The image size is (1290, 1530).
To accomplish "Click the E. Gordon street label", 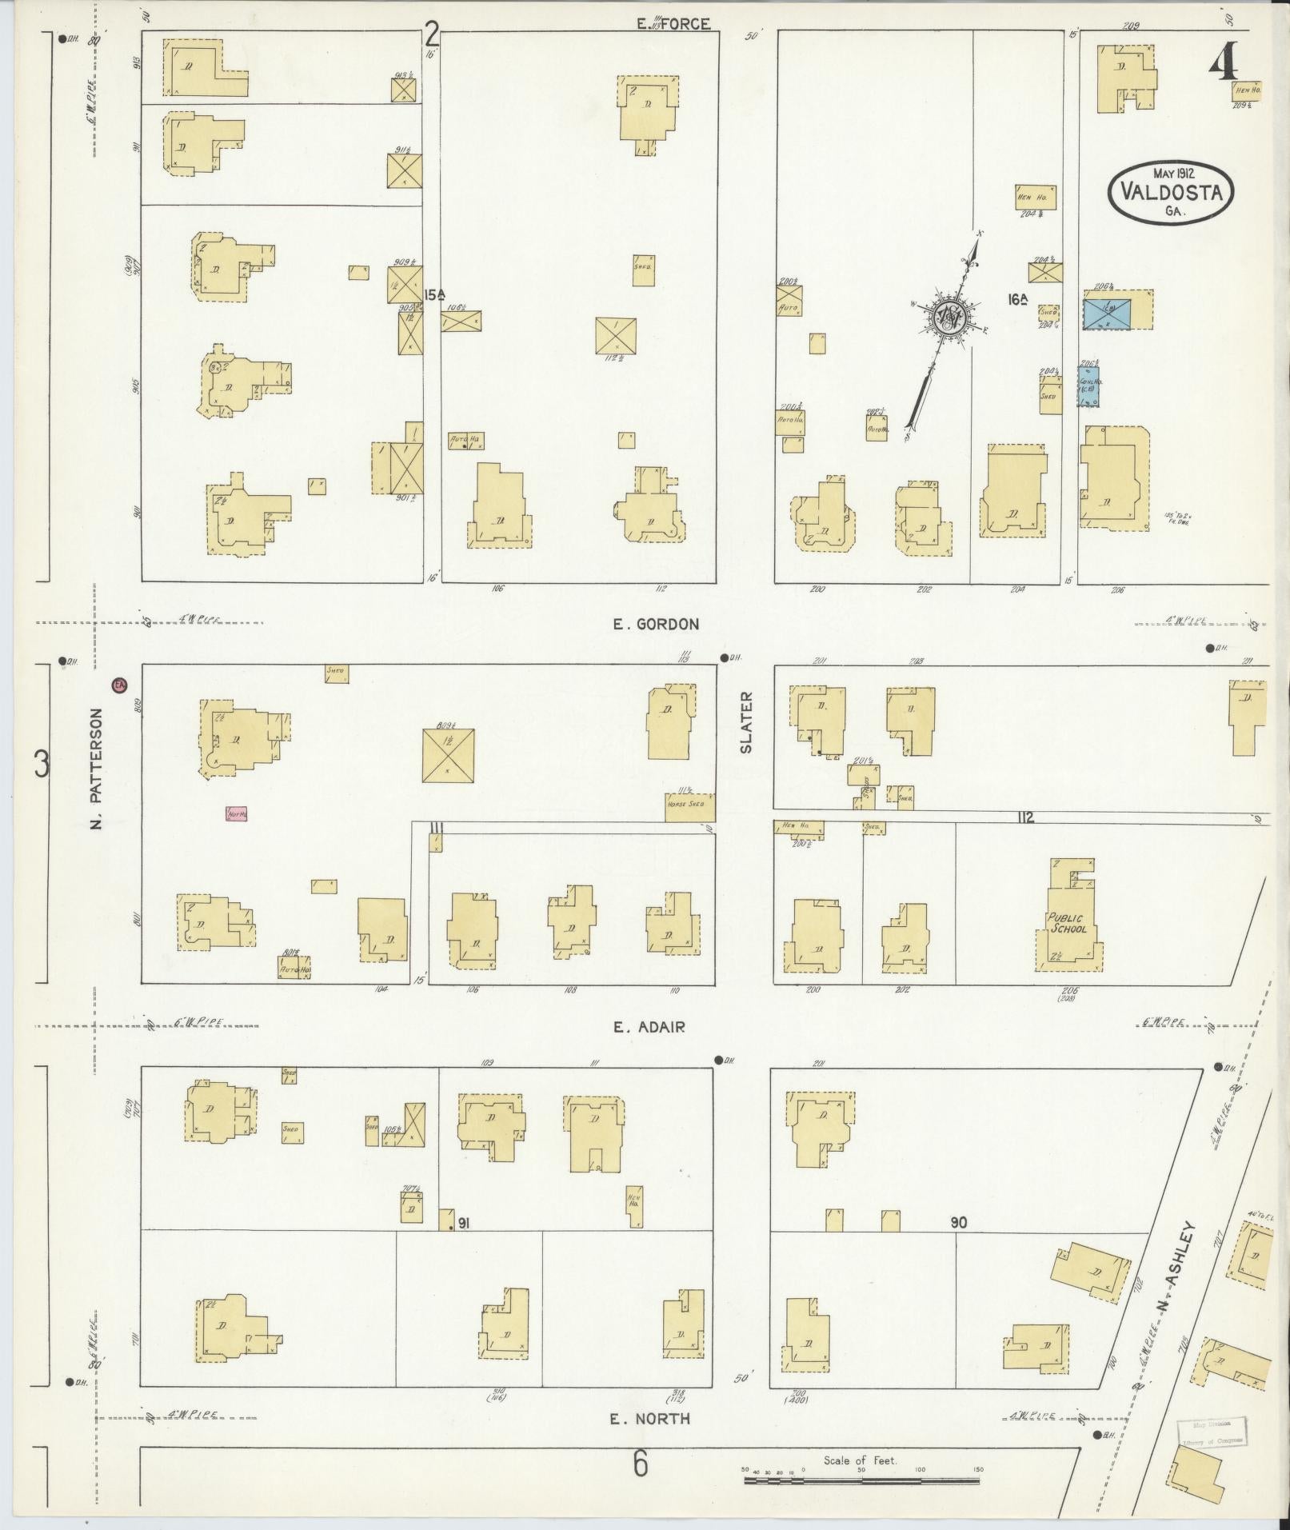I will (x=656, y=624).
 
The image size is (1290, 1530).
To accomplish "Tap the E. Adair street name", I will (x=649, y=1027).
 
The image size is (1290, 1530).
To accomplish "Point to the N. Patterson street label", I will (x=97, y=768).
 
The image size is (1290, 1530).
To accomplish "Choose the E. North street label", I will (x=649, y=1419).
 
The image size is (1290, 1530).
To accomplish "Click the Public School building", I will (x=1068, y=924).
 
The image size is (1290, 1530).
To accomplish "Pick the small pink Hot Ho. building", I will (x=237, y=814).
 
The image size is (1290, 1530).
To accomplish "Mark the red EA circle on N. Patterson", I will (x=119, y=685).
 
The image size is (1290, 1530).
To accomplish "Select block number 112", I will (x=1026, y=817).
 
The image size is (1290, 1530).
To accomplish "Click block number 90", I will (x=959, y=1245).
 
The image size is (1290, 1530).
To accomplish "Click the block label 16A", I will (x=1017, y=299).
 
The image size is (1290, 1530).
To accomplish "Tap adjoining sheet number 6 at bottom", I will (x=641, y=1466).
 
